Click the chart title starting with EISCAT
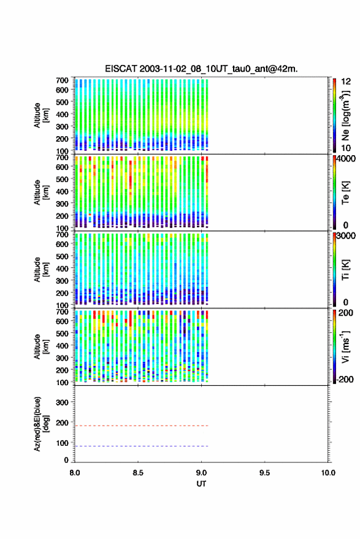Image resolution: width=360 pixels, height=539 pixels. click(x=201, y=69)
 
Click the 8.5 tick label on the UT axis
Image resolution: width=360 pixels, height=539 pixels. click(x=138, y=473)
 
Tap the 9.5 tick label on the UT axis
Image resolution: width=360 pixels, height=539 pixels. click(x=264, y=473)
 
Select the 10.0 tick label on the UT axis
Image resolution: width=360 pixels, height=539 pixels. click(x=328, y=473)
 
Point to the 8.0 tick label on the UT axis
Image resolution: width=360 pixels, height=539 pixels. click(x=75, y=473)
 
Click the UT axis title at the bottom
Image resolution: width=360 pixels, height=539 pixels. click(x=201, y=484)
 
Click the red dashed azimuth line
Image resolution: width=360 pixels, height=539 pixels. click(x=142, y=426)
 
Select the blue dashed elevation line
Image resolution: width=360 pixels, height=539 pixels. click(x=142, y=446)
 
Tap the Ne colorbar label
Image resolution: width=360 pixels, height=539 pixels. click(x=345, y=115)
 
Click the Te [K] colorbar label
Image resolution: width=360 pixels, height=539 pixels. click(x=345, y=193)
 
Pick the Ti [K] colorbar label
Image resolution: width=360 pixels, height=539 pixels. click(x=345, y=270)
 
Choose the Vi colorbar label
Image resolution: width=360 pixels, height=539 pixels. click(x=345, y=346)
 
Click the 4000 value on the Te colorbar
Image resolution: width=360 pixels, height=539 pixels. click(x=346, y=159)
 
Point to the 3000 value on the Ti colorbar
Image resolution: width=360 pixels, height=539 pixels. click(x=346, y=236)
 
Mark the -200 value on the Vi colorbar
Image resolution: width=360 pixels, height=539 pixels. click(x=345, y=379)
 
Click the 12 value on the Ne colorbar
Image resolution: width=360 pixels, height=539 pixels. click(x=346, y=82)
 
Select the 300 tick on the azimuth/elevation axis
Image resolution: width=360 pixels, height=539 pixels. click(x=62, y=402)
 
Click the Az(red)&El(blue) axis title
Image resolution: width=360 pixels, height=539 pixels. click(x=41, y=424)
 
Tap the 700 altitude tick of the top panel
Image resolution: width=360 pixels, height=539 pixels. click(x=62, y=80)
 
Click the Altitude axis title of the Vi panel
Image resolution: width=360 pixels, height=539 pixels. click(x=41, y=346)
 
